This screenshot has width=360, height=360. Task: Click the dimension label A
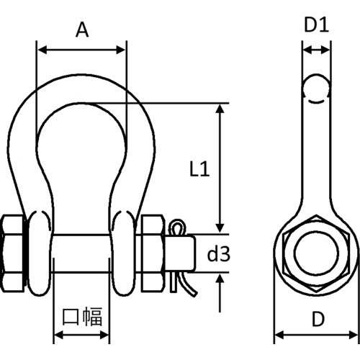81,30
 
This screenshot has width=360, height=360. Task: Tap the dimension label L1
199,169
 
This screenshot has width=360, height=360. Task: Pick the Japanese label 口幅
82,316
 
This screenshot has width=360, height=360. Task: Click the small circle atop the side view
315,86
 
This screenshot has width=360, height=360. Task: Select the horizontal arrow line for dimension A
81,50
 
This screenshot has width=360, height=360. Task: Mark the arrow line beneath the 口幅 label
82,336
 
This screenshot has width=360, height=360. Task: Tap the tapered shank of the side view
315,158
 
